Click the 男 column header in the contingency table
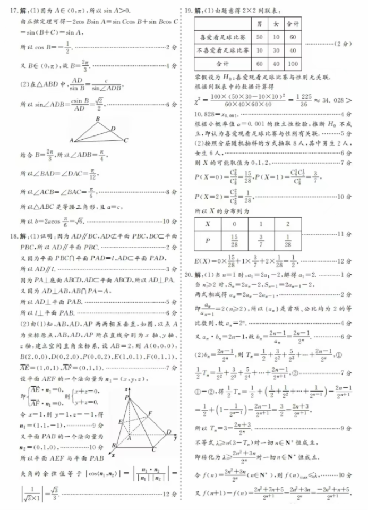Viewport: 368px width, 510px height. point(259,24)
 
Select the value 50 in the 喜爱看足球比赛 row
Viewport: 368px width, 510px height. point(259,37)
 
